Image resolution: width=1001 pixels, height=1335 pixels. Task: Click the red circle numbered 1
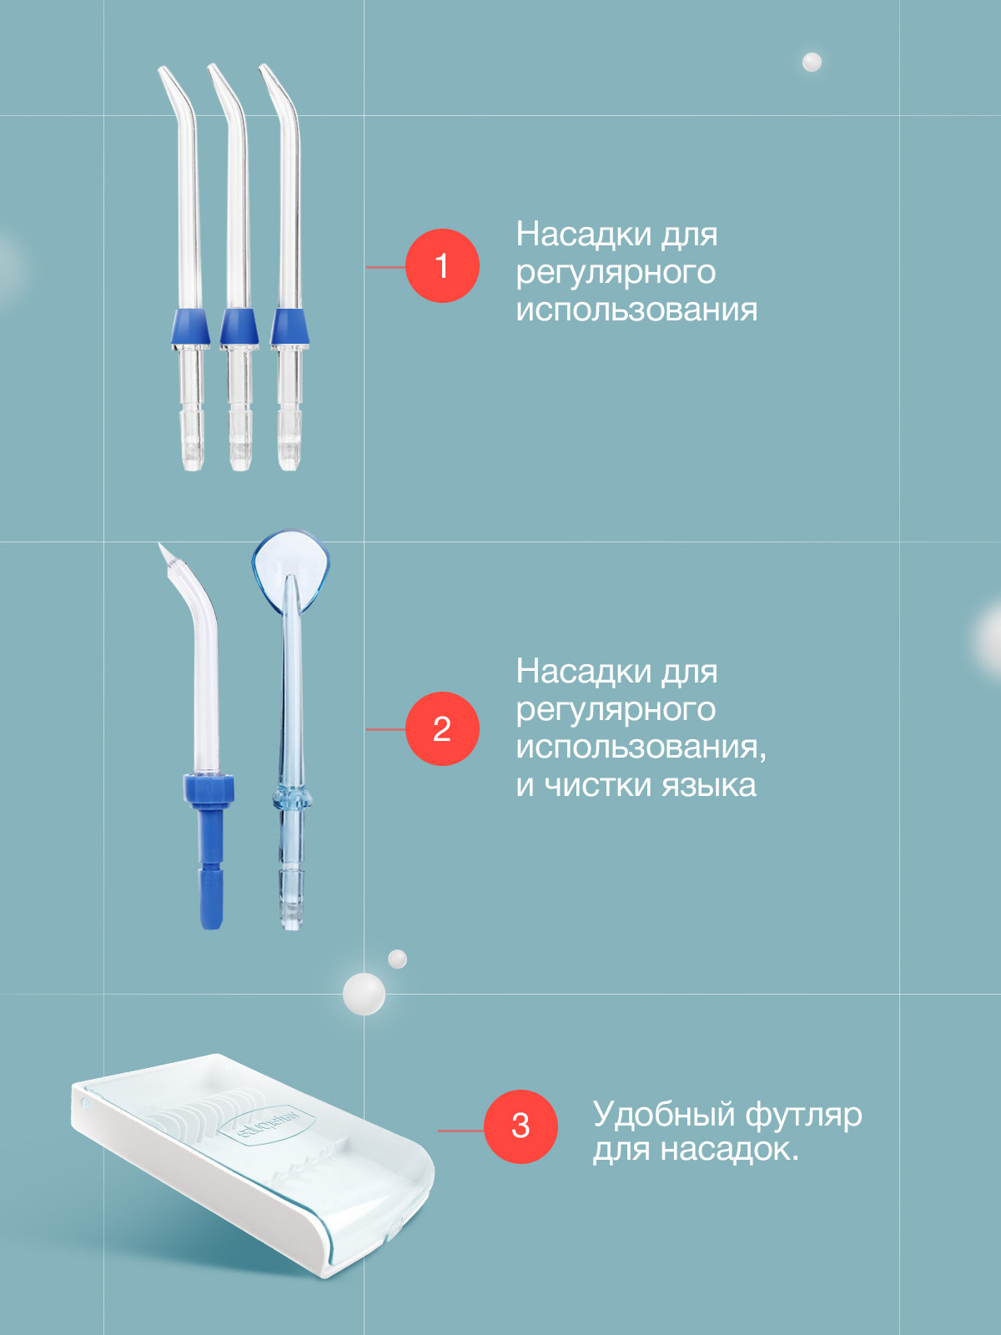pyautogui.click(x=442, y=266)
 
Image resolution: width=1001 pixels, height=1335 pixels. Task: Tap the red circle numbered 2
pyautogui.click(x=442, y=728)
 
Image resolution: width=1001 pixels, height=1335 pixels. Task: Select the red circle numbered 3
pyautogui.click(x=521, y=1127)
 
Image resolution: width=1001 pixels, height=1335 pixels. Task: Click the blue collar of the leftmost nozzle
pyautogui.click(x=191, y=327)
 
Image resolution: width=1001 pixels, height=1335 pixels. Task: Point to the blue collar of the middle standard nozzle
pyautogui.click(x=239, y=327)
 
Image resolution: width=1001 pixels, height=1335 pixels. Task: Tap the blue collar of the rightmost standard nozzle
pyautogui.click(x=289, y=327)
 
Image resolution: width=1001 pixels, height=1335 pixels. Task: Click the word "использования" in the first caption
pyautogui.click(x=636, y=310)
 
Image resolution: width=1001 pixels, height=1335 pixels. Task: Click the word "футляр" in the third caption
pyautogui.click(x=803, y=1116)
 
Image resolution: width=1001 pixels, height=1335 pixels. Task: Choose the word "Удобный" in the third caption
pyautogui.click(x=664, y=1116)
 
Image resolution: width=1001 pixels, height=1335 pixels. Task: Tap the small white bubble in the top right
pyautogui.click(x=812, y=62)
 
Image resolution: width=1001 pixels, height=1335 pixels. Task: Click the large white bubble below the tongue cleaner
pyautogui.click(x=364, y=993)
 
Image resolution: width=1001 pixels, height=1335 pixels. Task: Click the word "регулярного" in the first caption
pyautogui.click(x=616, y=274)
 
